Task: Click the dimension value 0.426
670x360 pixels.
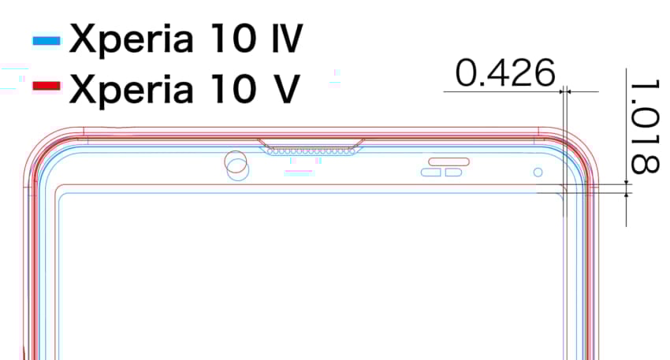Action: [x=505, y=74]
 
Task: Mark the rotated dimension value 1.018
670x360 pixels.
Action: [x=646, y=125]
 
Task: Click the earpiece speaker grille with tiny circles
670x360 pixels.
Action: [x=310, y=149]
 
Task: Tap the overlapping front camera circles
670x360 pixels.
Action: [x=236, y=165]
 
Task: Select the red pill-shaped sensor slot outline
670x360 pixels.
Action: [x=447, y=161]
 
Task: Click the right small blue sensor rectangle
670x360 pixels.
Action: [x=453, y=173]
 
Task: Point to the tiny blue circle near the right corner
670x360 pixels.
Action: [x=538, y=172]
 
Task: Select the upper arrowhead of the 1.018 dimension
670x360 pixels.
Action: [x=627, y=183]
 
